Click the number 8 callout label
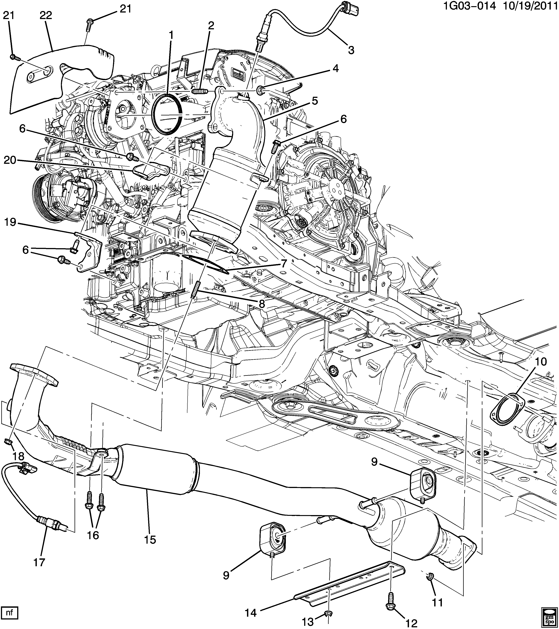click(262, 304)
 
